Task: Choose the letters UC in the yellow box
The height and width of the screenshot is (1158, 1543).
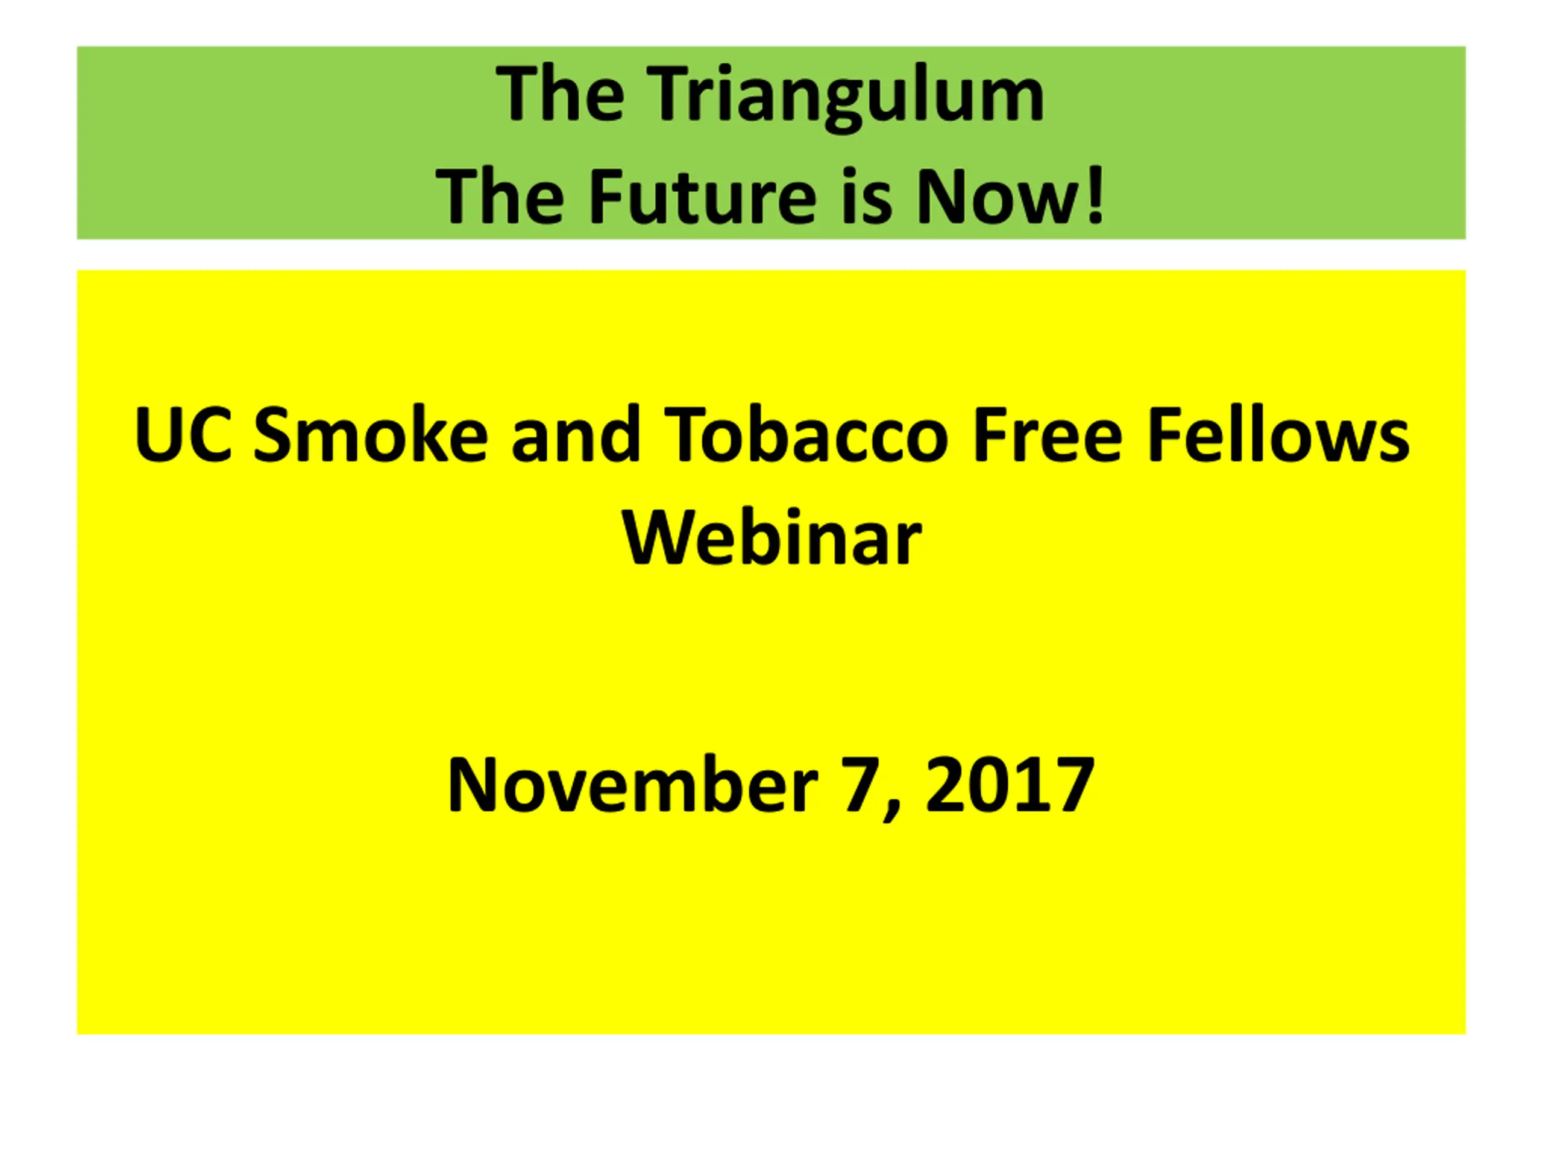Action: click(183, 434)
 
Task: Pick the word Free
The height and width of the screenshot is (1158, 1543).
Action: click(1048, 434)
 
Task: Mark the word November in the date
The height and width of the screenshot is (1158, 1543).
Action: click(632, 785)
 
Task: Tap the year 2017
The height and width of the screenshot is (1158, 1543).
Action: click(1010, 785)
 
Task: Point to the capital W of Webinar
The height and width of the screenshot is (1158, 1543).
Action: click(657, 538)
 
